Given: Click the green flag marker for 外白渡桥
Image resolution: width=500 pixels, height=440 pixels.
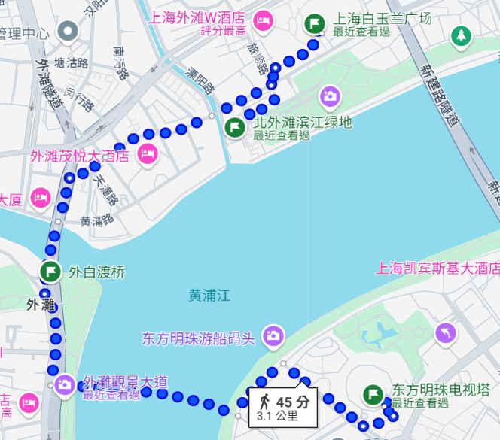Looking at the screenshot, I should (50, 271).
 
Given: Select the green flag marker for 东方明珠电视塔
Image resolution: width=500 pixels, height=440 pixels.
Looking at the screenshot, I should (373, 393).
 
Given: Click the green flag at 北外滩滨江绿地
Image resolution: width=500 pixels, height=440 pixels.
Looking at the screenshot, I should (235, 126).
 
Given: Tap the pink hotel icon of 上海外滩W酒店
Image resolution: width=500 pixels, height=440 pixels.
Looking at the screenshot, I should (263, 20).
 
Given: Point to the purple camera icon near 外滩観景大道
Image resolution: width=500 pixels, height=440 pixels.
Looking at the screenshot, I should (65, 384).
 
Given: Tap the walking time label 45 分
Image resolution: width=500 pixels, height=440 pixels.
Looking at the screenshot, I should (292, 401).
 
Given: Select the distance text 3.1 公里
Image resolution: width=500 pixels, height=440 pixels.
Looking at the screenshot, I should (277, 415).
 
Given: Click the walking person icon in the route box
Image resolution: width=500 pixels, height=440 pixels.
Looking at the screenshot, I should (264, 400).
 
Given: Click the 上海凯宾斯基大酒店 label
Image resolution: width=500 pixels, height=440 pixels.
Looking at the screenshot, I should (437, 268).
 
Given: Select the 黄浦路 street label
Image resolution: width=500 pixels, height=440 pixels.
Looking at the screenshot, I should (96, 221).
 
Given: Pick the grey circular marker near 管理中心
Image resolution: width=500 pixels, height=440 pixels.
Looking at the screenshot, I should (69, 32).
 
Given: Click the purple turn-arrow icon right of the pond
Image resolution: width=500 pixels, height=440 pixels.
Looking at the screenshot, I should (447, 332).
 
